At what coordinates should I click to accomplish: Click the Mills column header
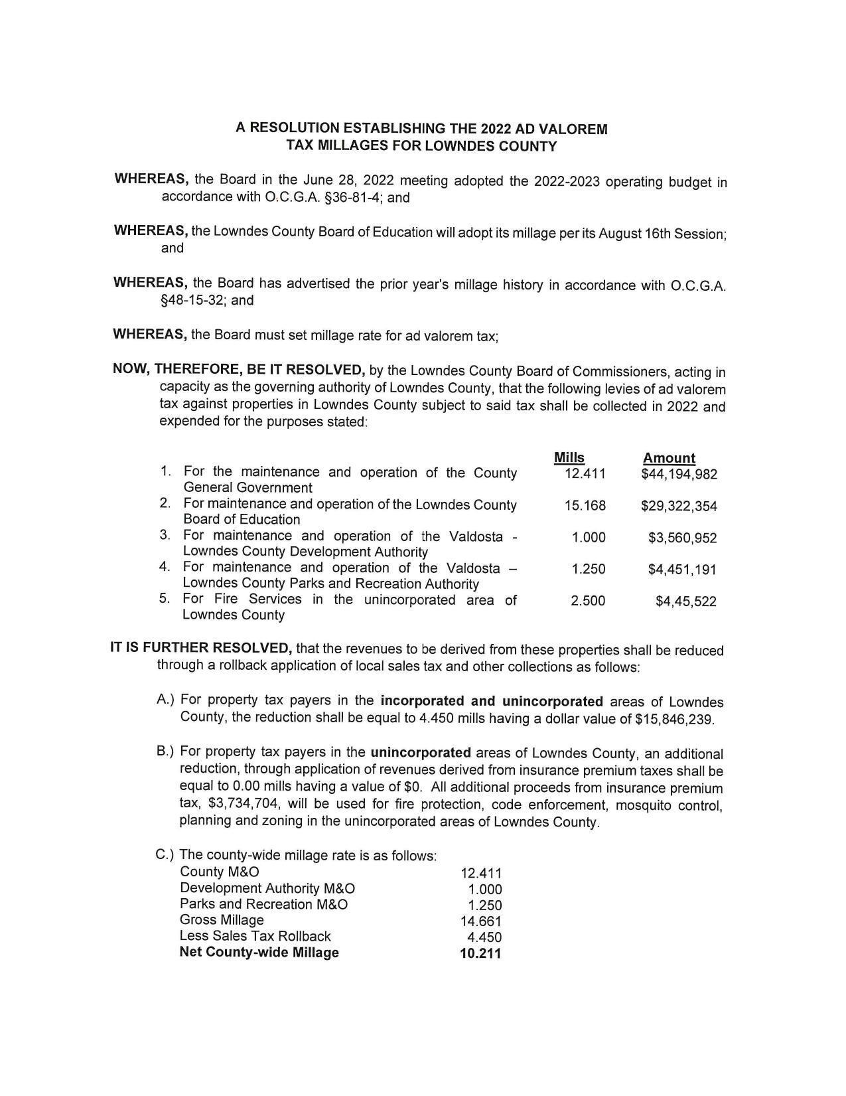pos(569,457)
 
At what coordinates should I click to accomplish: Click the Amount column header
pos(669,458)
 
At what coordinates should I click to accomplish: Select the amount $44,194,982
pos(679,474)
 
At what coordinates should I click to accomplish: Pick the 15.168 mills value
pos(585,506)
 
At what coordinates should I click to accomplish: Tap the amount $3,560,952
pos(682,538)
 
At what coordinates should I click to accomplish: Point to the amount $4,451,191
pos(682,570)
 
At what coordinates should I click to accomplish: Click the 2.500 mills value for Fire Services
pos(587,601)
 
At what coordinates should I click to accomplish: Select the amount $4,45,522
pos(685,601)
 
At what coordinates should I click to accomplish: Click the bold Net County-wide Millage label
pos(259,953)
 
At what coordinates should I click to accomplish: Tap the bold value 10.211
pos(480,954)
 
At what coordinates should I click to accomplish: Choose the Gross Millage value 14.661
pos(480,921)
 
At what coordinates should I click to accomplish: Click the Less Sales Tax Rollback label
pos(255,937)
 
